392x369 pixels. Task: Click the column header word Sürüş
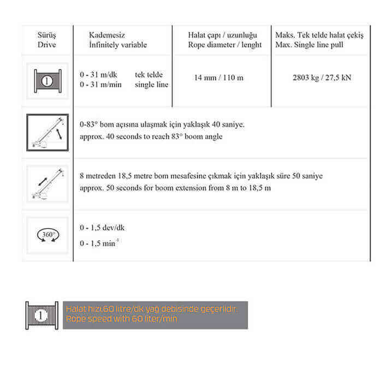tap(47, 35)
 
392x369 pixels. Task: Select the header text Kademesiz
tap(104, 35)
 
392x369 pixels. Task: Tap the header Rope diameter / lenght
tap(224, 45)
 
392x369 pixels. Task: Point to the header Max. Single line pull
tap(310, 45)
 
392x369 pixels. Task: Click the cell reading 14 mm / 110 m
tap(219, 78)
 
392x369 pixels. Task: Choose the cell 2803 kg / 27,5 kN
tap(322, 78)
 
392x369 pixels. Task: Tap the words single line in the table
tap(152, 85)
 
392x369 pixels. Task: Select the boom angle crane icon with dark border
tap(47, 133)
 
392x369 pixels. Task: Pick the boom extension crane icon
tap(47, 184)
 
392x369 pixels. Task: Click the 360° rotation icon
tap(47, 235)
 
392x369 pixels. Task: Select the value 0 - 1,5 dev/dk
tap(102, 228)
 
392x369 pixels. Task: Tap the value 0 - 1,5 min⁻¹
tap(98, 243)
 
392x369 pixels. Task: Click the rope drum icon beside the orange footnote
tap(41, 315)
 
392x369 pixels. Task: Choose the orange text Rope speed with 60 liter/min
tap(121, 319)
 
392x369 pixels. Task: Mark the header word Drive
tap(47, 45)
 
